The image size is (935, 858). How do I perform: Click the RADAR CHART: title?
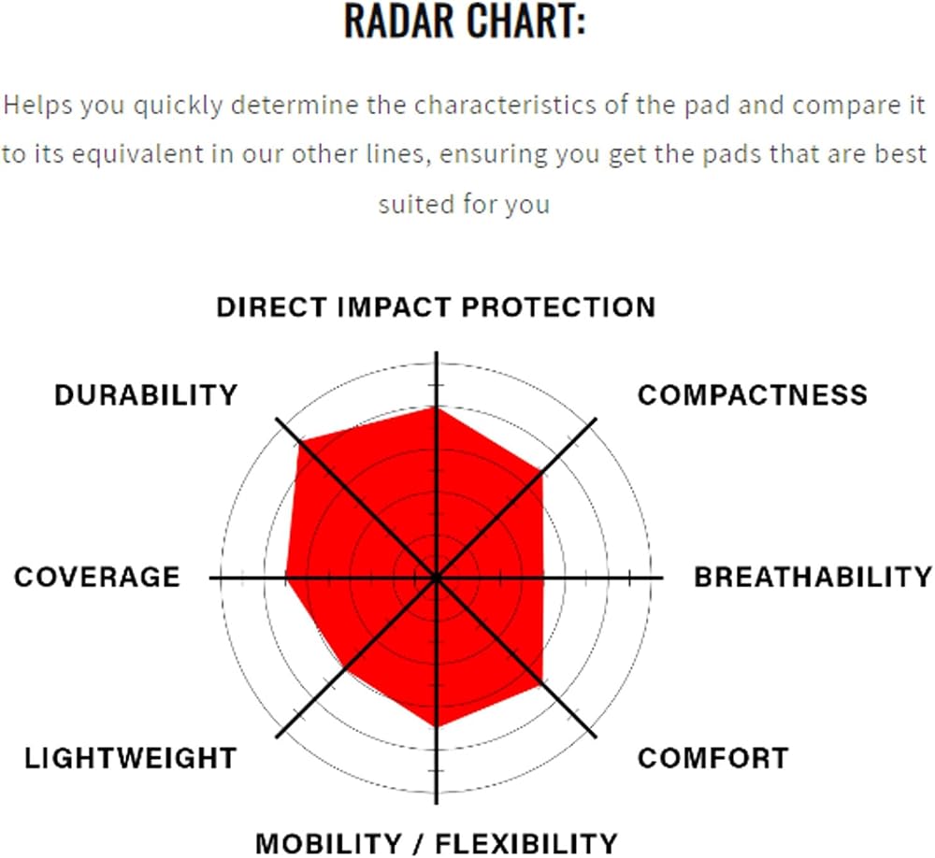(465, 21)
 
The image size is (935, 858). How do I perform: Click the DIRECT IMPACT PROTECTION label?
(436, 307)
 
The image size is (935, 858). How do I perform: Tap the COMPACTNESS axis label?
(753, 394)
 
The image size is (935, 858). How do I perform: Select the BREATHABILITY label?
(813, 578)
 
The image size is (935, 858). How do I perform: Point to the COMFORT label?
(713, 758)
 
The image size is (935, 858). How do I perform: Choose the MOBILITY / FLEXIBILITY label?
(437, 844)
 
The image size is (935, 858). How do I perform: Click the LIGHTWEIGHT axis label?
(131, 758)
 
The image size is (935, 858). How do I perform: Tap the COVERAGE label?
(97, 578)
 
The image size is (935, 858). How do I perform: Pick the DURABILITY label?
(146, 394)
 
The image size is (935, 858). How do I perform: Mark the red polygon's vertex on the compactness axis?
(542, 472)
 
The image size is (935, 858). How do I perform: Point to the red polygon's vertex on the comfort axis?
(542, 684)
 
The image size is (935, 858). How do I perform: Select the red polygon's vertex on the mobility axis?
(437, 727)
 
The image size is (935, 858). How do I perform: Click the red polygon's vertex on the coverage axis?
(285, 578)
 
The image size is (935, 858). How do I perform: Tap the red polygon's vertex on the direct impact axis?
(437, 408)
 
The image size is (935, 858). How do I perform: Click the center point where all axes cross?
(437, 578)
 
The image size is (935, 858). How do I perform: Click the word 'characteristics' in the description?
(505, 105)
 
